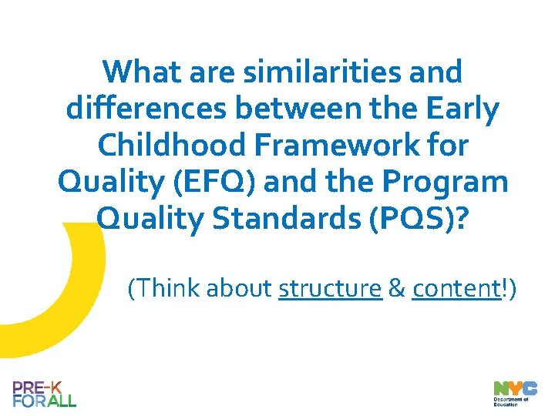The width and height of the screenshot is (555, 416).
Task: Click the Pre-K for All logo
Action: coord(44,394)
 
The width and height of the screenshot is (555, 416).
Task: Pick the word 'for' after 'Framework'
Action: coord(447,146)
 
